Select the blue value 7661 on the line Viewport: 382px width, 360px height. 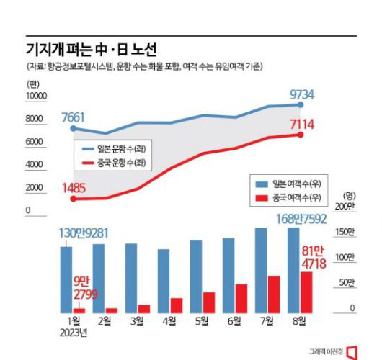(x=76, y=117)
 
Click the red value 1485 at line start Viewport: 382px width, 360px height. (x=74, y=189)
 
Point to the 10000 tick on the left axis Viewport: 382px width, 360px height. (x=36, y=96)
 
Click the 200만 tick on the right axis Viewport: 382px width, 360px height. (x=346, y=207)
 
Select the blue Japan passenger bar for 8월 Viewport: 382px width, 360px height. (x=293, y=270)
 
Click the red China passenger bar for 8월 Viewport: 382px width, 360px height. (x=307, y=292)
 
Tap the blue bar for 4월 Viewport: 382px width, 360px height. (x=164, y=281)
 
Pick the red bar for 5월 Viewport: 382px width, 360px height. (x=209, y=302)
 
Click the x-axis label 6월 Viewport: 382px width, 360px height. (x=234, y=322)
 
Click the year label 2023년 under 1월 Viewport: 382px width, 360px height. (x=74, y=332)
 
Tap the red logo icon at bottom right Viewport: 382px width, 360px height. (x=352, y=351)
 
